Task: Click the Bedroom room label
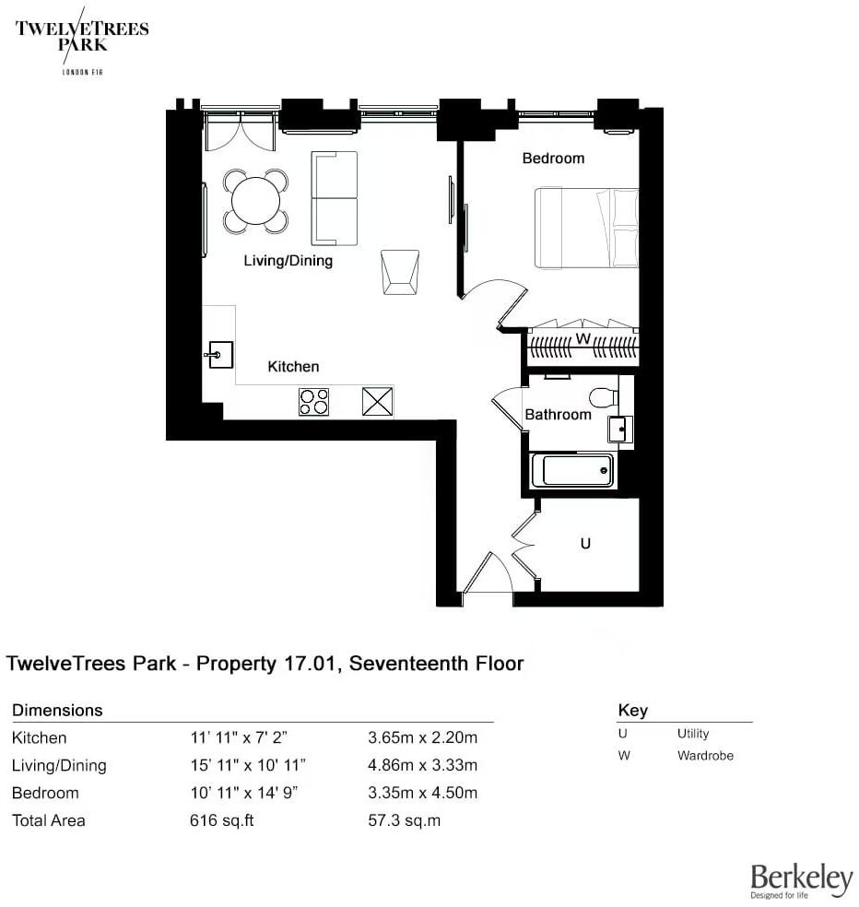click(553, 159)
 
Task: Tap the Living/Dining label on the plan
click(288, 261)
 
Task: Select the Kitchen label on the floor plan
click(293, 367)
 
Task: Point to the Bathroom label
click(558, 415)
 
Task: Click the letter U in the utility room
click(584, 544)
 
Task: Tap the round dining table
click(255, 201)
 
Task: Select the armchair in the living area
click(400, 272)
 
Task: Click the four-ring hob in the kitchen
click(314, 402)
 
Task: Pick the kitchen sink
click(218, 354)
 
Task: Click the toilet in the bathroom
click(603, 397)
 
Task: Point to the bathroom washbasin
click(619, 429)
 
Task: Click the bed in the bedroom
click(586, 228)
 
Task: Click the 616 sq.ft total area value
click(221, 820)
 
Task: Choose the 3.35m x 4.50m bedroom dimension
click(422, 793)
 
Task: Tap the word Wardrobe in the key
click(705, 756)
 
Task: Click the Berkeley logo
click(801, 880)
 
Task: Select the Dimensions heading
click(57, 711)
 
